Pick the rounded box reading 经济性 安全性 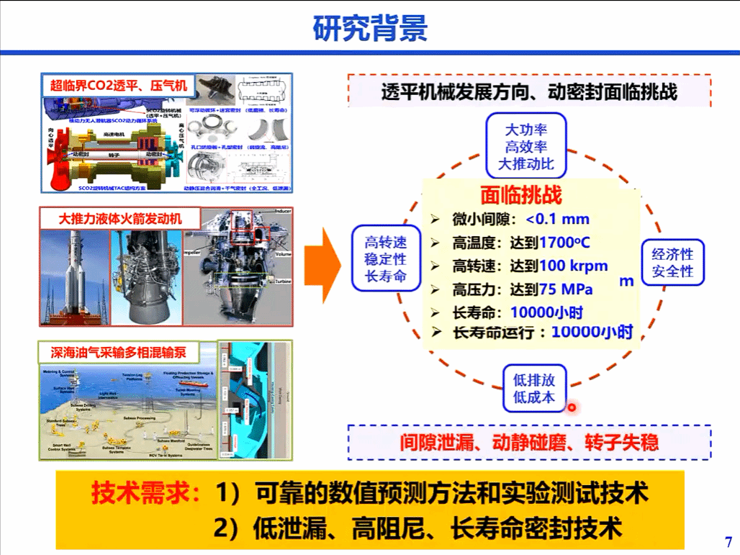click(x=672, y=263)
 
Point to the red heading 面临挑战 click(x=520, y=196)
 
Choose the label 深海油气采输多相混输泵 click(x=118, y=353)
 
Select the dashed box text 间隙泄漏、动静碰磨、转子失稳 click(x=529, y=442)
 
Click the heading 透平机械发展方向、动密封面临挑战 click(x=529, y=92)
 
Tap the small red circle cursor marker click(x=572, y=408)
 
